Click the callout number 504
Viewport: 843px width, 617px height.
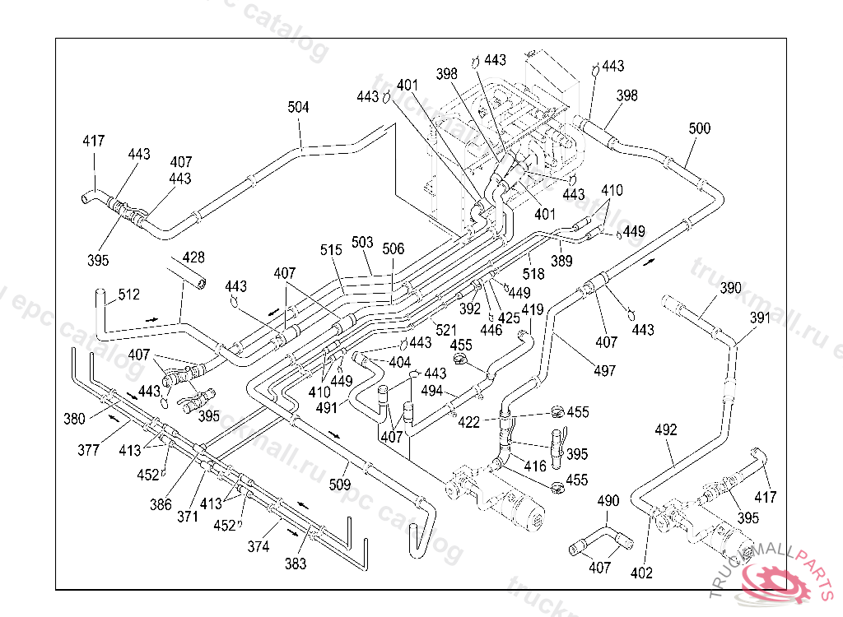(x=298, y=108)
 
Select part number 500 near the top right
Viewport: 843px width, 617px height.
(x=700, y=128)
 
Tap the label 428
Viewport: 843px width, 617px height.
(x=193, y=257)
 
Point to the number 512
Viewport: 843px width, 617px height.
(x=129, y=294)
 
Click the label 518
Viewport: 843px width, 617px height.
(x=533, y=274)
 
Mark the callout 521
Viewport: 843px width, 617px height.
(x=446, y=330)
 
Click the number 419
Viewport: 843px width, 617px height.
(x=533, y=310)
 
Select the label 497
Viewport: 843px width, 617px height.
(x=604, y=371)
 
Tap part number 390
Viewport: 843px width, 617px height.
(x=731, y=288)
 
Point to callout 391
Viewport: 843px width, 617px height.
(x=760, y=318)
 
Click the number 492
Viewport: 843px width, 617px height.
(x=666, y=429)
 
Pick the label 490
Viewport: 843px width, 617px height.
(x=608, y=501)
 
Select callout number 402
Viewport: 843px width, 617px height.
(x=642, y=573)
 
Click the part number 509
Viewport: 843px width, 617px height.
(x=340, y=485)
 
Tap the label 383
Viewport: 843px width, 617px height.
(x=296, y=564)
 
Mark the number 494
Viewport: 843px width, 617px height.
(x=431, y=391)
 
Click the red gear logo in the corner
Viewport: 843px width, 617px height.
(x=781, y=580)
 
